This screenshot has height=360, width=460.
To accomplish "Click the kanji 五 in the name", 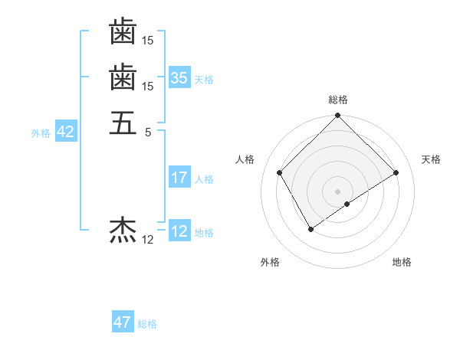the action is (123, 123).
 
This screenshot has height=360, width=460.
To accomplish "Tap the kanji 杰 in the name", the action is (123, 229).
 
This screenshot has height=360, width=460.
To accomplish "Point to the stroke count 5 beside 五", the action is (148, 132).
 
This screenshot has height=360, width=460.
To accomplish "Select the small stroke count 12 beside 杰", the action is (148, 240).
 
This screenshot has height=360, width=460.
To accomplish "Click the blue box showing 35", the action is (179, 78).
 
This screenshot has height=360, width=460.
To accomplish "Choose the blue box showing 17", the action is (179, 178).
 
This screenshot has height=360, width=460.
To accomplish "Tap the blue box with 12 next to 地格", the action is (179, 231).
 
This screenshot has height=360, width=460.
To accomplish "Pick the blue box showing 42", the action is (65, 133).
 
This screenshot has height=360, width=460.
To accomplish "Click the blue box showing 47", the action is (123, 323).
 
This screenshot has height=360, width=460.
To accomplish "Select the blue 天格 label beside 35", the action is (204, 79).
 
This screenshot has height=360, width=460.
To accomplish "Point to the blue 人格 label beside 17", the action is (204, 179).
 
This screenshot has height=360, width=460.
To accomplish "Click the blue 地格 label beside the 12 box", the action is (204, 232).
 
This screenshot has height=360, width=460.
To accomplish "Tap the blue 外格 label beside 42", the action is (41, 133).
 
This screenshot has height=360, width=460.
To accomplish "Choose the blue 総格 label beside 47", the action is (147, 324).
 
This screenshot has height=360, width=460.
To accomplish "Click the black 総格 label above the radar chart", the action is (338, 100).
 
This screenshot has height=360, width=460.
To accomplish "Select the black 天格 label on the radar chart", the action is (431, 159).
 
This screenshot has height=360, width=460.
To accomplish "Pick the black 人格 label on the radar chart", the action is (245, 159).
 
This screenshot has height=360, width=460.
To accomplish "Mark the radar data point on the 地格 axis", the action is (347, 204).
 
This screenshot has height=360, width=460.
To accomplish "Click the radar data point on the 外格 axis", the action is (310, 229).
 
